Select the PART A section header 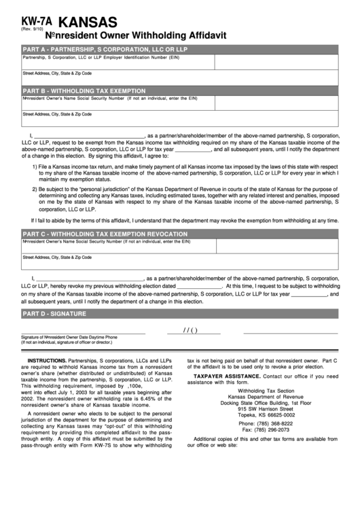point(105,50)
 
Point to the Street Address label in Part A point(57,73)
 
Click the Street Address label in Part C point(57,257)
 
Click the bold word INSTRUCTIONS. point(46,360)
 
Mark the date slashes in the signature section point(190,331)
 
